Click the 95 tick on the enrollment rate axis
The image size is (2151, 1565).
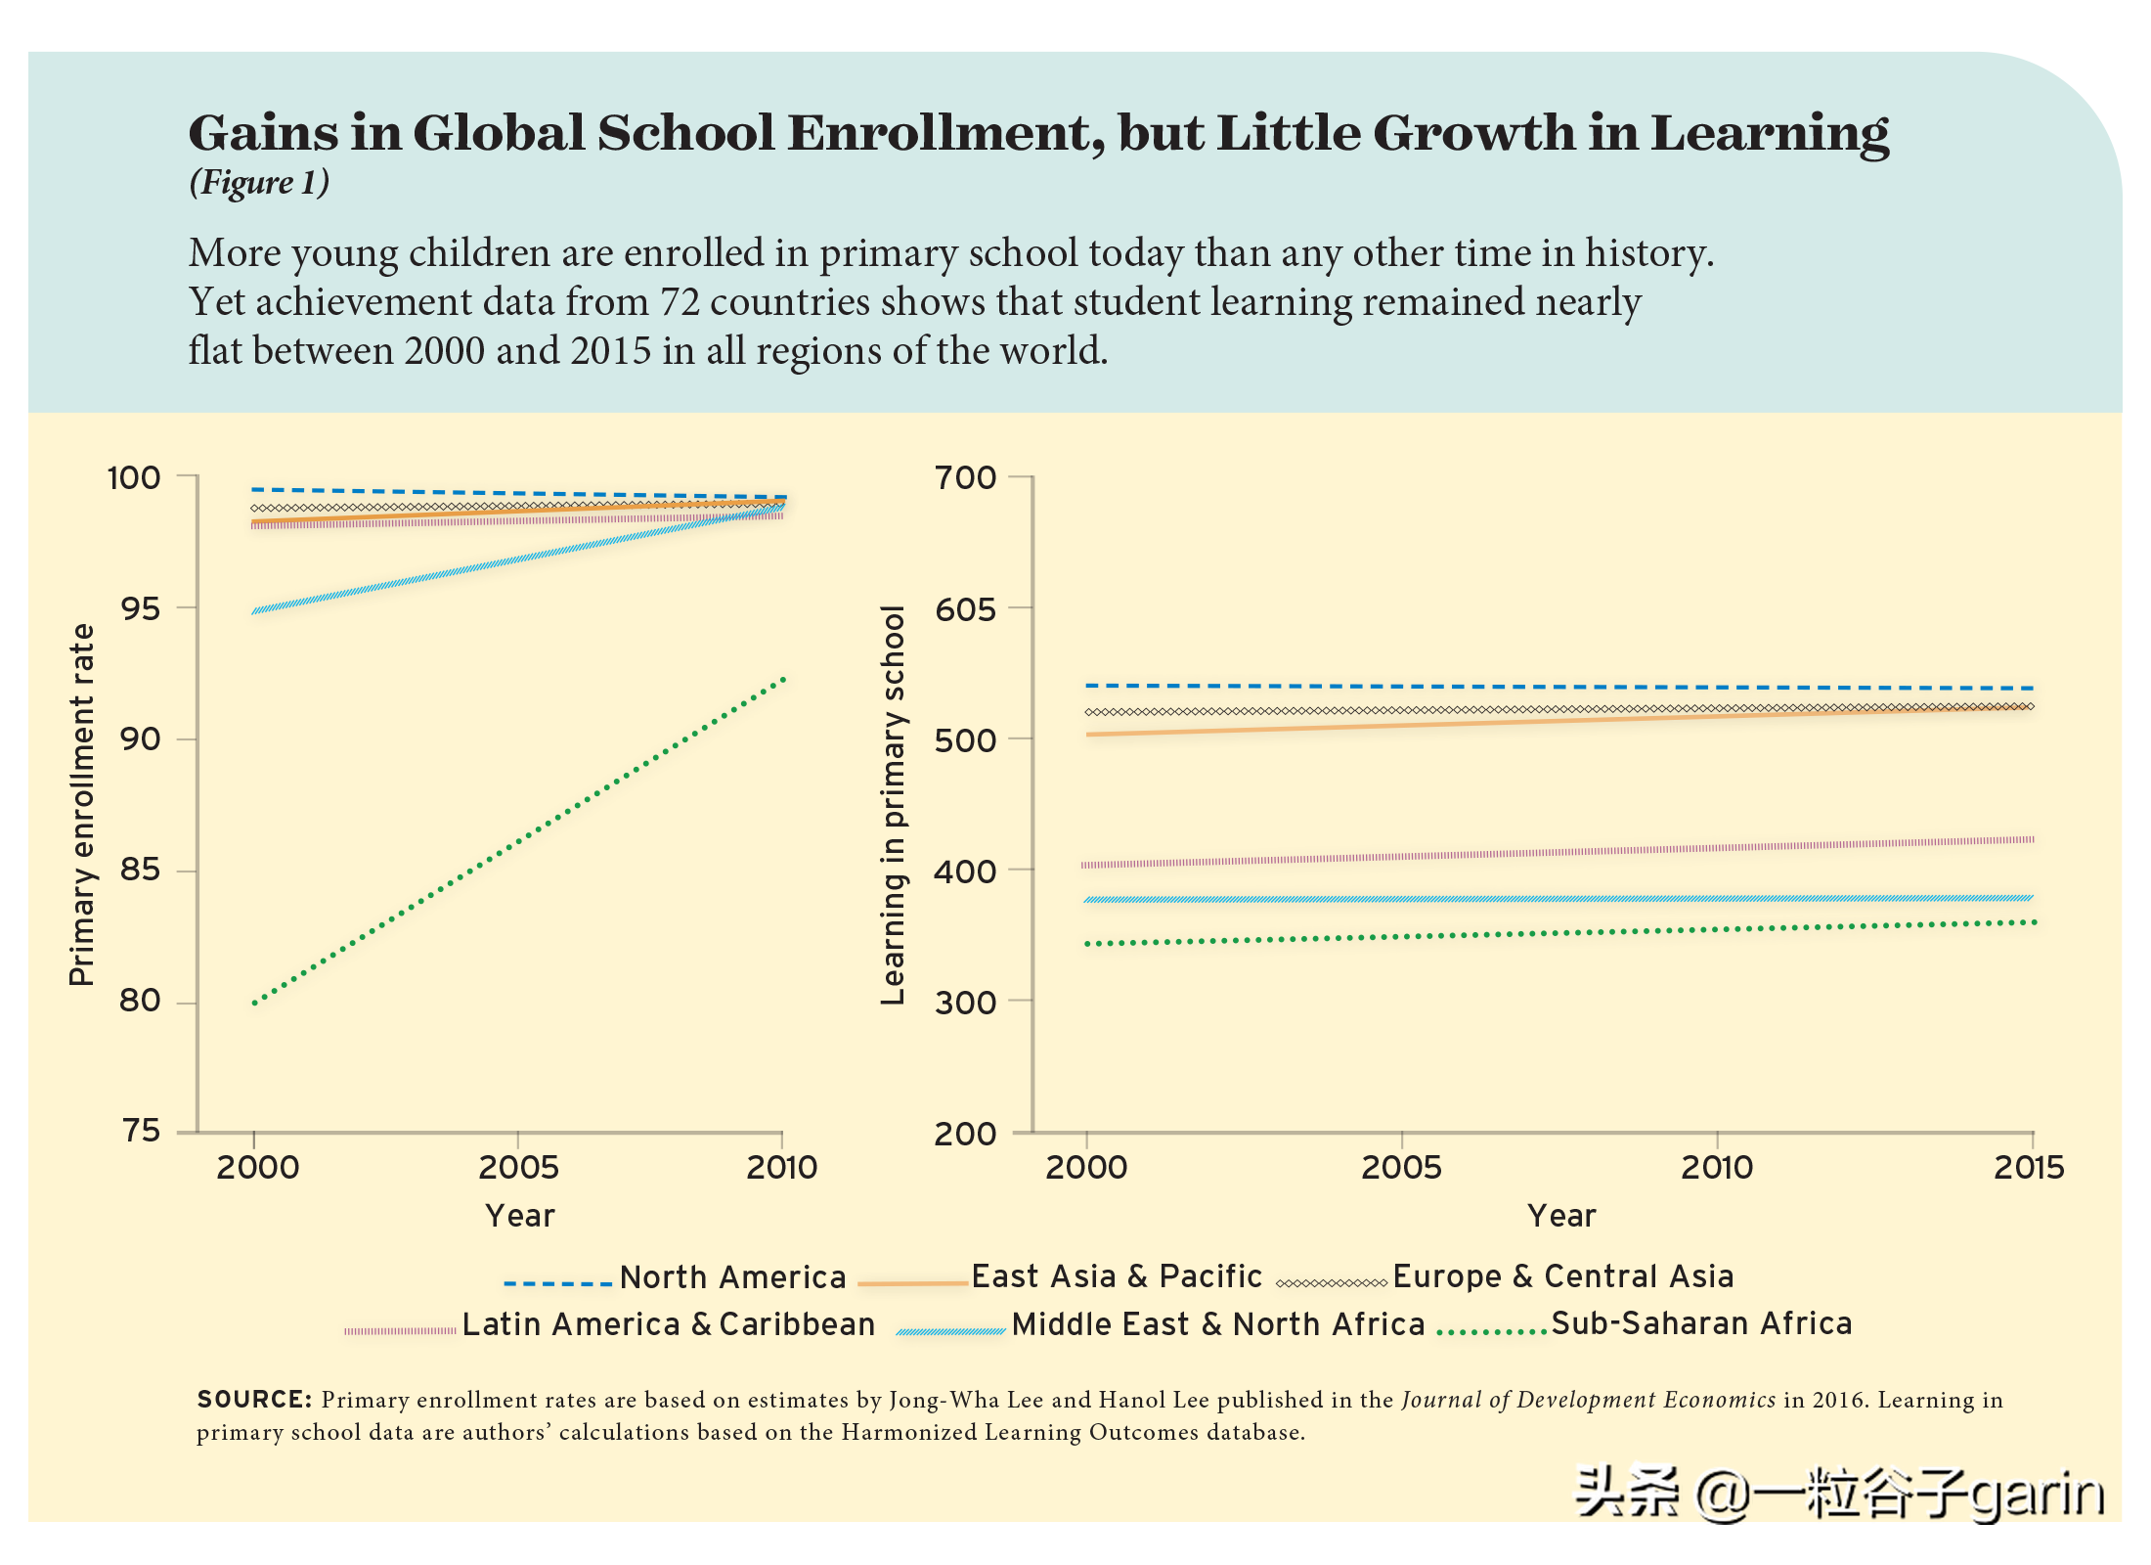pyautogui.click(x=139, y=608)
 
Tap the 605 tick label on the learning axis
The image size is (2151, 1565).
pyautogui.click(x=965, y=609)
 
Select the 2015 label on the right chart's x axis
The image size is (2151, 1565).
pyautogui.click(x=2029, y=1167)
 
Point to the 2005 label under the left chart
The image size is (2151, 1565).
pyautogui.click(x=518, y=1167)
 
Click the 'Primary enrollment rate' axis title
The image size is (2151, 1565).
pyautogui.click(x=82, y=804)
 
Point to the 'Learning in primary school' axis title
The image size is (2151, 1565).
pyautogui.click(x=893, y=804)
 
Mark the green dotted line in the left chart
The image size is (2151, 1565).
pyautogui.click(x=518, y=841)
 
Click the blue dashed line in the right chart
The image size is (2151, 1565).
pyautogui.click(x=1559, y=687)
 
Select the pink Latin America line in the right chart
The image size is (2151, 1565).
pyautogui.click(x=1559, y=852)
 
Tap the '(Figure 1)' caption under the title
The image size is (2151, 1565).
pyautogui.click(x=259, y=183)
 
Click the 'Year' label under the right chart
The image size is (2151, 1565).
pyautogui.click(x=1561, y=1216)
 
